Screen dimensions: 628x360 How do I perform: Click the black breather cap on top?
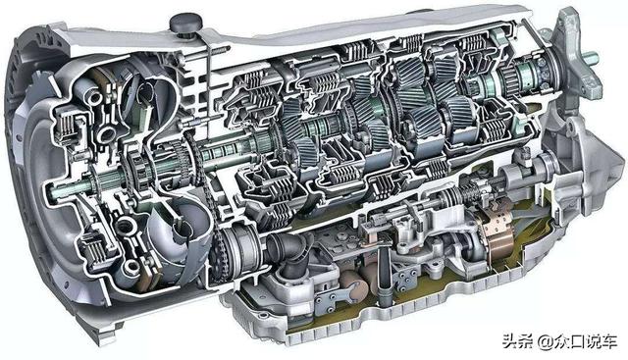tap(185, 24)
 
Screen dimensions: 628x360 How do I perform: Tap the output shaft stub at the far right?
tap(591, 59)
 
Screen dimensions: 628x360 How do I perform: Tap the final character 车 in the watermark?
tap(608, 342)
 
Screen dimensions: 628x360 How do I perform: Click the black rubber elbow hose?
tap(289, 251)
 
